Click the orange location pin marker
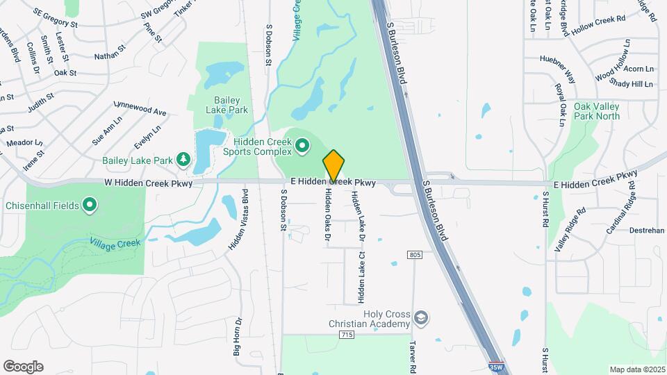(333, 165)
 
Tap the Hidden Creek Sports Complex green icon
(302, 146)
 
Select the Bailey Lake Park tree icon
(183, 160)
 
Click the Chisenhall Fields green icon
(90, 205)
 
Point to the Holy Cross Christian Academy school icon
(420, 318)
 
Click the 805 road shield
(415, 256)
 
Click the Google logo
(23, 367)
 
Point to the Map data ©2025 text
(636, 369)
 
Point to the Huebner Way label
(558, 65)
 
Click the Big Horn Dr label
(237, 337)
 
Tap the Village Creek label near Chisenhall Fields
(115, 243)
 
